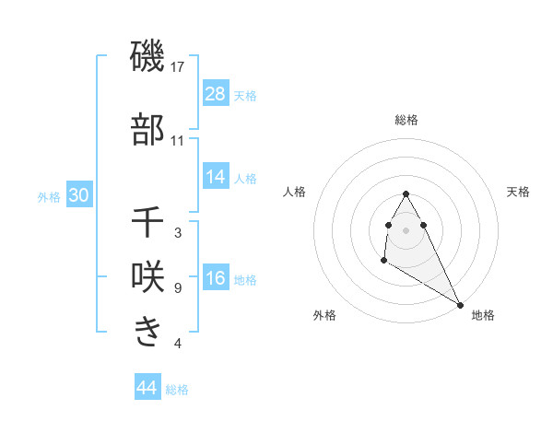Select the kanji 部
(147, 130)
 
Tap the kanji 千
(147, 222)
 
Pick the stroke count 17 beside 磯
(179, 67)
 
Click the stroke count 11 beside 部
(178, 141)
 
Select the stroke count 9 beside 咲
(178, 288)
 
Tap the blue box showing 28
(216, 94)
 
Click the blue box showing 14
(216, 177)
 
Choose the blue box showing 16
(216, 278)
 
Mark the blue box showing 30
(78, 195)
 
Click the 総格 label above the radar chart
(406, 120)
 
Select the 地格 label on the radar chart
(483, 315)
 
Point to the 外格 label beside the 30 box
(49, 196)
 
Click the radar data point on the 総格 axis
(406, 193)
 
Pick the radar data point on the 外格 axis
(383, 261)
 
